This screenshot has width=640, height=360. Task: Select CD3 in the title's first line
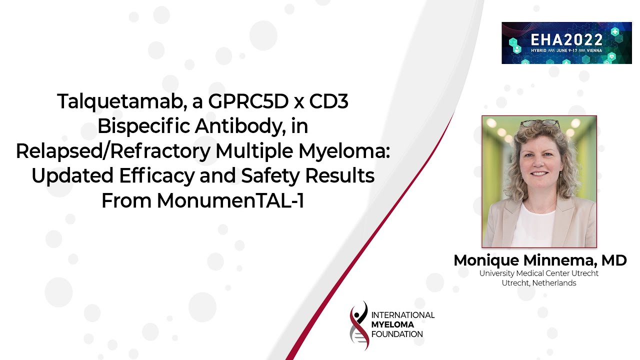[x=328, y=101]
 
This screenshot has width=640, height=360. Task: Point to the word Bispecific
[x=144, y=126]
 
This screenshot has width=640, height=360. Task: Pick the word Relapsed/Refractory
[x=113, y=151]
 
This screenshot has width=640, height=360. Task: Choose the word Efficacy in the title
[x=157, y=176]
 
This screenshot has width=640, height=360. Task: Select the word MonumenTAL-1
[x=230, y=200]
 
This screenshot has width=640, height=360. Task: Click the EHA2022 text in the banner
[x=567, y=39]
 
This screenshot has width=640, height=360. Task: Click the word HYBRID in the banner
[x=539, y=50]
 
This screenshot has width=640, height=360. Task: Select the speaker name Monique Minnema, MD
[x=540, y=260]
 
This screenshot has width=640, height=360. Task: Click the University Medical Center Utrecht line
[x=539, y=273]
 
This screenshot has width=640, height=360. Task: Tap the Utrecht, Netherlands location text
[x=539, y=283]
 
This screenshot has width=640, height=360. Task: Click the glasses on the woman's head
[x=540, y=123]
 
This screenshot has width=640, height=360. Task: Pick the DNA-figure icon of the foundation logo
[x=359, y=325]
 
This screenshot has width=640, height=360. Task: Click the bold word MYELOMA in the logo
[x=392, y=324]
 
